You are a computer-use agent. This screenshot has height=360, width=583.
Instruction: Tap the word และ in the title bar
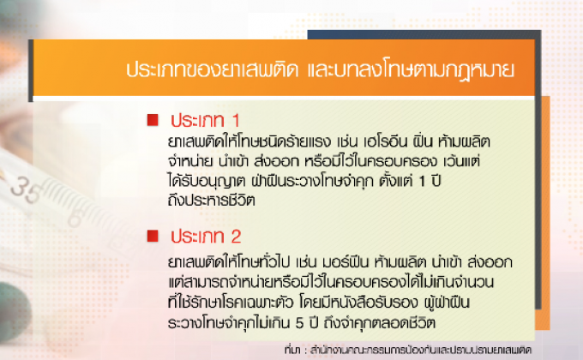[x=320, y=69]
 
